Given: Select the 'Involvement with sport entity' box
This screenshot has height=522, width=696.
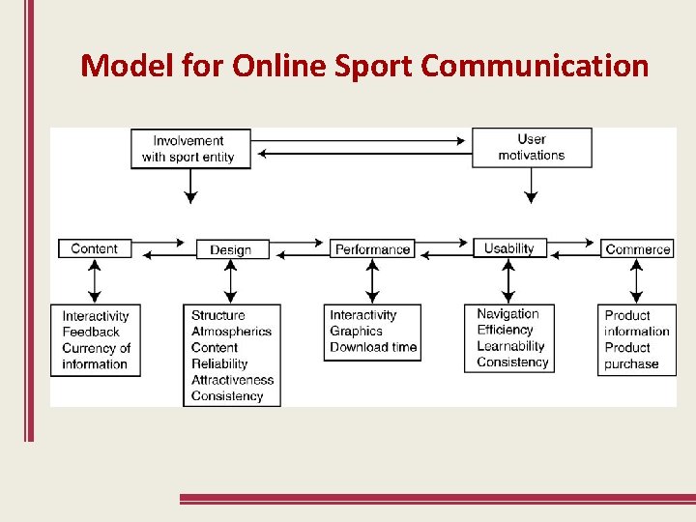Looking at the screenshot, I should (190, 148).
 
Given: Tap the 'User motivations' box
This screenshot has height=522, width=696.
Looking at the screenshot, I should (532, 147).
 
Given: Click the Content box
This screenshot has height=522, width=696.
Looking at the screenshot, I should (94, 248).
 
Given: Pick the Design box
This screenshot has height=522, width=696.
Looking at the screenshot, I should (231, 249).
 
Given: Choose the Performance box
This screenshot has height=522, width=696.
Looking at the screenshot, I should (372, 249).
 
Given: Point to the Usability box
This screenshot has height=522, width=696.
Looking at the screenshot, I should (508, 248).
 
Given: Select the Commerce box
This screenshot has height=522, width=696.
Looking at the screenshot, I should (637, 248).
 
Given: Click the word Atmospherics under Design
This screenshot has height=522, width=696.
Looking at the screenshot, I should (231, 332).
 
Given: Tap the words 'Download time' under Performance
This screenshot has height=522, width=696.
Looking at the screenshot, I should (373, 347).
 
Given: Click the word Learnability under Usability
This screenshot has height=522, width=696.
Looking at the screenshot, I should (510, 346).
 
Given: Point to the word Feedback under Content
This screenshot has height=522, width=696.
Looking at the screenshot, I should (91, 332).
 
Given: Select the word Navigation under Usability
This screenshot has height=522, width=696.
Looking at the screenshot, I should (507, 314).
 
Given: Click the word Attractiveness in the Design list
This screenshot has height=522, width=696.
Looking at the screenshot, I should (232, 380).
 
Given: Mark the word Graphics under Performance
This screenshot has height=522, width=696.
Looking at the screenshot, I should (356, 332).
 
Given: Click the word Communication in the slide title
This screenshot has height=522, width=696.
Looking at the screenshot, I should (535, 66).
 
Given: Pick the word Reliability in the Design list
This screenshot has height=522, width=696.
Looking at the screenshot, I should (219, 363).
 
